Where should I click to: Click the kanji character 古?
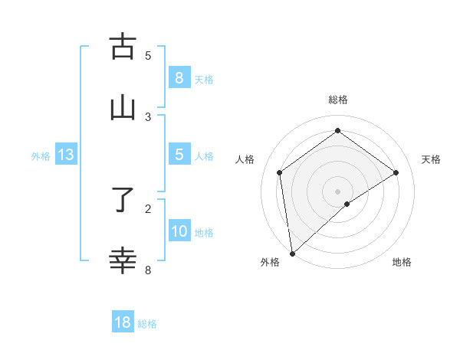pyautogui.click(x=123, y=47)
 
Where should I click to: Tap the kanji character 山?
pyautogui.click(x=123, y=108)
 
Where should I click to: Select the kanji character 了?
pyautogui.click(x=123, y=201)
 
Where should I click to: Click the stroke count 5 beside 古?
pyautogui.click(x=148, y=55)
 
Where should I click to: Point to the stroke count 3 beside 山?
pyautogui.click(x=148, y=116)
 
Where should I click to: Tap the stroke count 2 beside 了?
pyautogui.click(x=148, y=208)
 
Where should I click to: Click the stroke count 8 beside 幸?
pyautogui.click(x=148, y=270)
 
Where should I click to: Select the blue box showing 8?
pyautogui.click(x=179, y=78)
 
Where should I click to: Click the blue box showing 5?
pyautogui.click(x=179, y=155)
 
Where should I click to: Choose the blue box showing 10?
pyautogui.click(x=179, y=231)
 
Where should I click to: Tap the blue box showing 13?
pyautogui.click(x=65, y=155)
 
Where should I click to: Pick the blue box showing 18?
pyautogui.click(x=123, y=322)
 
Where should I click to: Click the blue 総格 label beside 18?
pyautogui.click(x=147, y=324)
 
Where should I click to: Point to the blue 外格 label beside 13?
pyautogui.click(x=41, y=156)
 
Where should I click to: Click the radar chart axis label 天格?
pyautogui.click(x=432, y=159)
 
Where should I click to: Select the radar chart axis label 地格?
pyautogui.click(x=402, y=262)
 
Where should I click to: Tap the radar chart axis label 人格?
pyautogui.click(x=245, y=159)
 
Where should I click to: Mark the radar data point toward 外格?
pyautogui.click(x=291, y=253)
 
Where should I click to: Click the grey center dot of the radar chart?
pyautogui.click(x=338, y=191)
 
